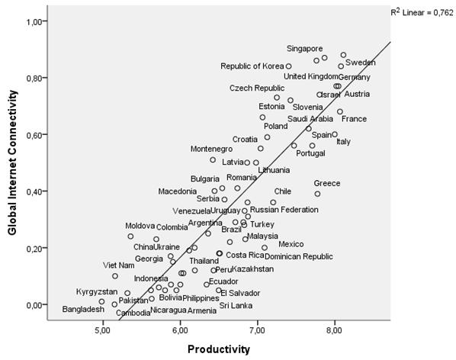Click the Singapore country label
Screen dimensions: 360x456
pyautogui.click(x=304, y=48)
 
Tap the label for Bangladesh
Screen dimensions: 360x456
pyautogui.click(x=83, y=310)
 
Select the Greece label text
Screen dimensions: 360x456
pyautogui.click(x=326, y=183)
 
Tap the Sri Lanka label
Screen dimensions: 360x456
pyautogui.click(x=236, y=306)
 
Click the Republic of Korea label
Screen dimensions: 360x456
pyautogui.click(x=251, y=66)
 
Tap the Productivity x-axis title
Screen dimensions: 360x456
pyautogui.click(x=219, y=349)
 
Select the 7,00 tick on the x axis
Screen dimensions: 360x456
pyautogui.click(x=258, y=331)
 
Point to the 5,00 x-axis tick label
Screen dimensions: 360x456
pyautogui.click(x=103, y=331)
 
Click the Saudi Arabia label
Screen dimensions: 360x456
pyautogui.click(x=310, y=119)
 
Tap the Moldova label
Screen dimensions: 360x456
pyautogui.click(x=140, y=227)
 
